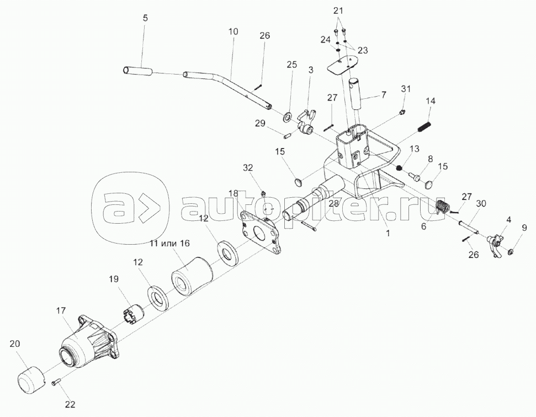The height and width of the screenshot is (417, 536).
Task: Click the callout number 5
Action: [145, 18]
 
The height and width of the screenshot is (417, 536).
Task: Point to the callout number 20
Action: [15, 344]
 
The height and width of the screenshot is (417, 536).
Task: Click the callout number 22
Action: [69, 404]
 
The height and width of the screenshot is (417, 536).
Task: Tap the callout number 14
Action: [431, 101]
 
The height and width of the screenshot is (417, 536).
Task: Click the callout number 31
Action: [406, 88]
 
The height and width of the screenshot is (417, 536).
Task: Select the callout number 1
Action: [388, 233]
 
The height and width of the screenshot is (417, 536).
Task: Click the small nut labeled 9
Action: [512, 252]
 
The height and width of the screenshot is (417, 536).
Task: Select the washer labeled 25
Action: [288, 117]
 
